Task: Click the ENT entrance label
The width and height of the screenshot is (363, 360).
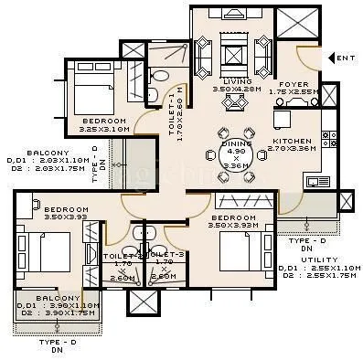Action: [x=347, y=58]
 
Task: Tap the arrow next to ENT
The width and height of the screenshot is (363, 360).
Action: [x=334, y=58]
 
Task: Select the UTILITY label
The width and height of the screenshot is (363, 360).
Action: [x=301, y=259]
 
